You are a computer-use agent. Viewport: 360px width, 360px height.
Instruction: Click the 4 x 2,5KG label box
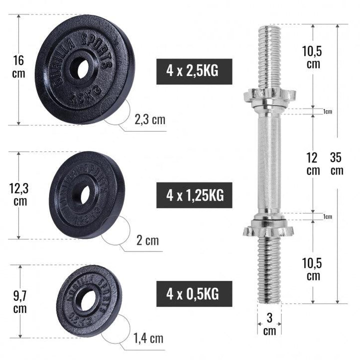(194, 72)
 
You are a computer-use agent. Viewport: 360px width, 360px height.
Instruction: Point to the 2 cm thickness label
(147, 241)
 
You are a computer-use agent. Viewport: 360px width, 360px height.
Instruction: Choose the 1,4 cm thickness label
(149, 338)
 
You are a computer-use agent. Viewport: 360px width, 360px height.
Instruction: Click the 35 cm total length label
(336, 164)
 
